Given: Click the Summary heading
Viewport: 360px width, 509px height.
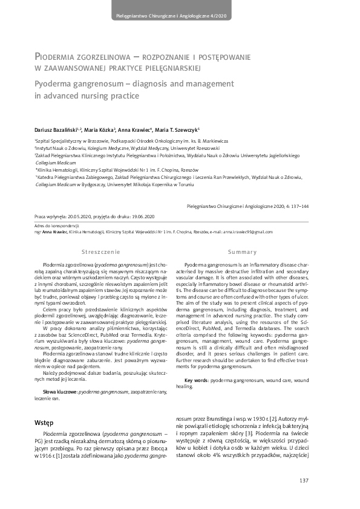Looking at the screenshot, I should click(257, 251).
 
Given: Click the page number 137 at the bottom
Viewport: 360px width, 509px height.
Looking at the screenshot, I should click(304, 481).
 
